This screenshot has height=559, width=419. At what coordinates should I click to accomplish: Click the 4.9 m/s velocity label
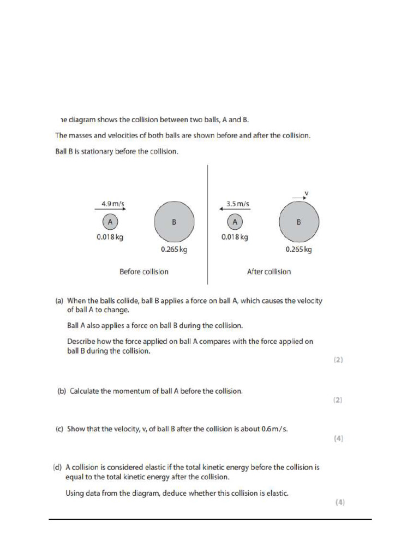click(x=113, y=204)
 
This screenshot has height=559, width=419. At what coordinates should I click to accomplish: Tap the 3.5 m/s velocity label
click(x=238, y=204)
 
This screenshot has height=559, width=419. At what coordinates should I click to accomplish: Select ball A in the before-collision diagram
click(x=110, y=222)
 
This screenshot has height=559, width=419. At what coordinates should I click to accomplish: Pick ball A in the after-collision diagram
click(x=235, y=222)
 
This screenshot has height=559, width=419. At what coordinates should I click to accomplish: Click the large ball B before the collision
click(x=174, y=222)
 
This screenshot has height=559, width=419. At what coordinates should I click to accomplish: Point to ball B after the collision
click(x=299, y=223)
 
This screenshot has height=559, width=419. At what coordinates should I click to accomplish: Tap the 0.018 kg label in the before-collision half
click(x=110, y=237)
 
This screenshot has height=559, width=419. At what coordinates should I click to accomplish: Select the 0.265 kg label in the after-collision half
click(x=299, y=249)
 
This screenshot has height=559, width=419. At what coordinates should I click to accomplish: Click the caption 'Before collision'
click(x=144, y=271)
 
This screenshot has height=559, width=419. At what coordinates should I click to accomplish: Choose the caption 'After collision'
click(x=269, y=271)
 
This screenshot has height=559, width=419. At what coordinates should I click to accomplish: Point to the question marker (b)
click(x=62, y=391)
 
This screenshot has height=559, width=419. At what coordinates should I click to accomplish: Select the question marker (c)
click(x=59, y=429)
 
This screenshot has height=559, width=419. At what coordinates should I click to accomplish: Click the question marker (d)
click(x=57, y=467)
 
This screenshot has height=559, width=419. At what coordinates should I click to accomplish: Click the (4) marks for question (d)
click(x=339, y=503)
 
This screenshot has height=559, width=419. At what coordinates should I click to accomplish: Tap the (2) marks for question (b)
click(x=338, y=400)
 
